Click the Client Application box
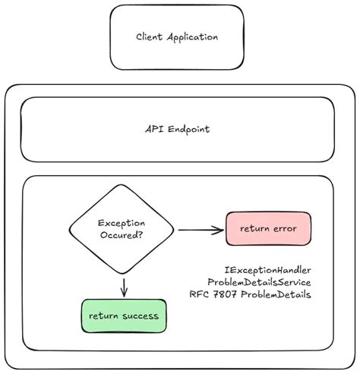click(177, 36)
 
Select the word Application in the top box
click(193, 36)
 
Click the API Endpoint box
click(177, 129)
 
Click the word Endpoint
click(187, 129)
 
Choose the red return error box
click(268, 228)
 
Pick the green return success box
click(124, 315)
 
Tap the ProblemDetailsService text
click(259, 281)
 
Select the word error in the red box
click(283, 228)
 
